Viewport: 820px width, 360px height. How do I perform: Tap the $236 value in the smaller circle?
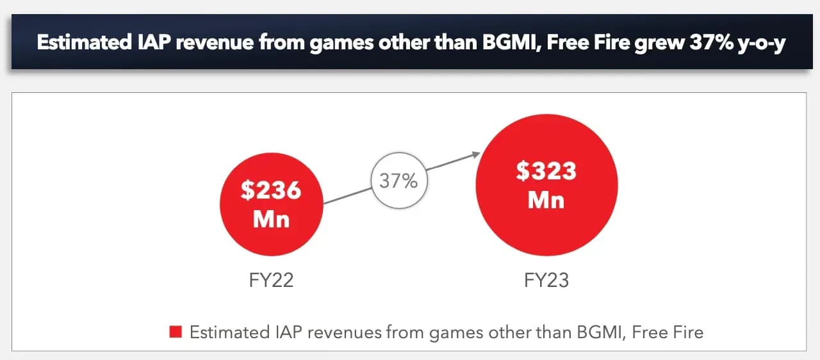point(272,191)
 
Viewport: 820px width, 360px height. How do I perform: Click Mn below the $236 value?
point(272,220)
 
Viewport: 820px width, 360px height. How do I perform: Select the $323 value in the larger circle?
point(546,172)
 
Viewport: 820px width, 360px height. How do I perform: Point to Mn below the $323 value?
point(546,200)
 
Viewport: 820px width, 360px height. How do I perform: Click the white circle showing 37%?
point(398,181)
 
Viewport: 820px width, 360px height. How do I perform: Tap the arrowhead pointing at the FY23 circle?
point(475,154)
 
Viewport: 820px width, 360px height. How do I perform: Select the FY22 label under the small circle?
point(272,281)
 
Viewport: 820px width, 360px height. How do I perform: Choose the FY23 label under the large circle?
point(546,281)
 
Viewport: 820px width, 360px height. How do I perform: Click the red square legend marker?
point(176,332)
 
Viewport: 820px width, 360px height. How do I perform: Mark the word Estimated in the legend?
point(229,332)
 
